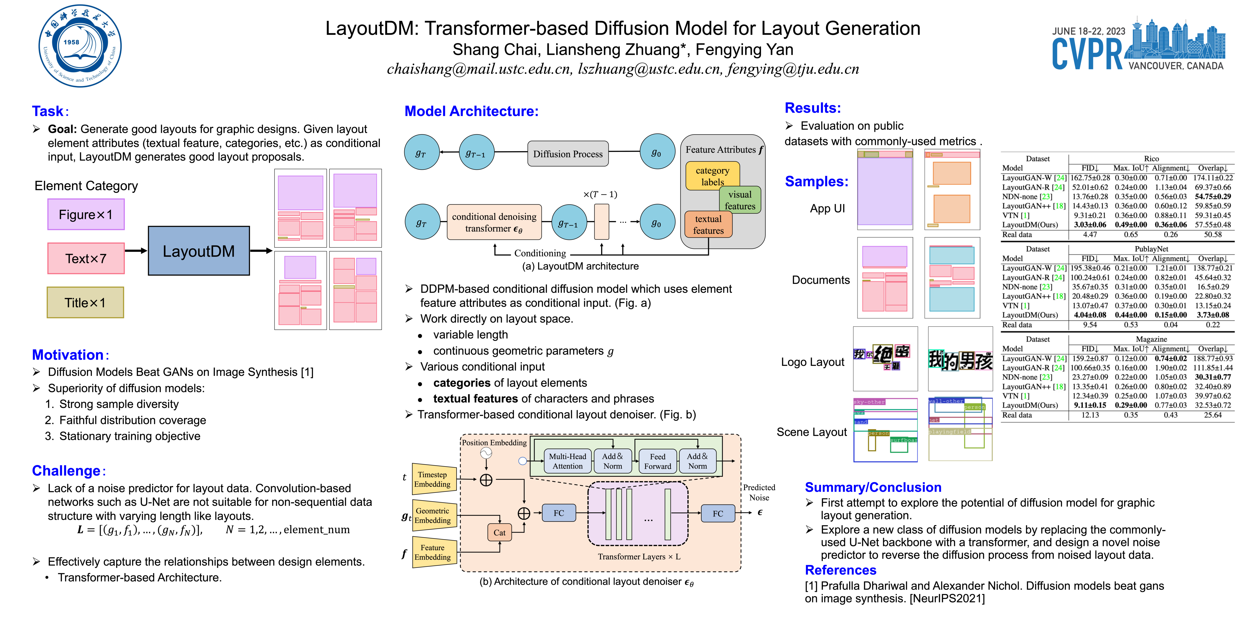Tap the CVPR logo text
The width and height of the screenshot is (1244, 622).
pyautogui.click(x=1087, y=54)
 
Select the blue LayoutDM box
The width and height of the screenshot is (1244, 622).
pyautogui.click(x=199, y=251)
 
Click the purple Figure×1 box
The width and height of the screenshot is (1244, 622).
pyautogui.click(x=86, y=214)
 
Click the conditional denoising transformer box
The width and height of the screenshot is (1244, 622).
pyautogui.click(x=494, y=222)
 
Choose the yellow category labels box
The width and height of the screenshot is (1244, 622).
pyautogui.click(x=712, y=176)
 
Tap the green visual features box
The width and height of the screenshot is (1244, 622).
pyautogui.click(x=740, y=200)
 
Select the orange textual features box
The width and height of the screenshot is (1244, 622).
pyautogui.click(x=708, y=225)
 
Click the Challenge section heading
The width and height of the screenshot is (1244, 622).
pyautogui.click(x=66, y=471)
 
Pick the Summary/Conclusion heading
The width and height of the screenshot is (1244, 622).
pyautogui.click(x=873, y=487)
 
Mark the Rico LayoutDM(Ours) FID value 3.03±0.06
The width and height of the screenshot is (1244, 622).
pyautogui.click(x=1090, y=225)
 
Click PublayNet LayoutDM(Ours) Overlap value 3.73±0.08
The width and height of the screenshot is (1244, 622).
pyautogui.click(x=1213, y=315)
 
